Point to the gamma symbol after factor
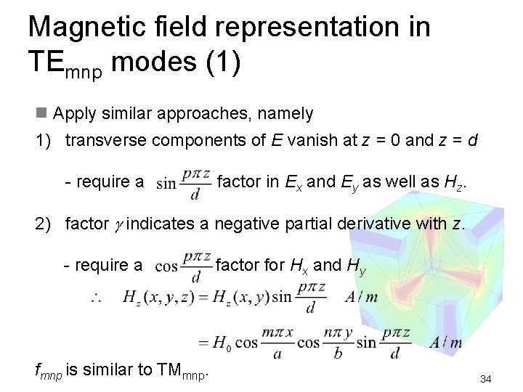[x=118, y=224]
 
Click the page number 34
[x=486, y=379]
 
